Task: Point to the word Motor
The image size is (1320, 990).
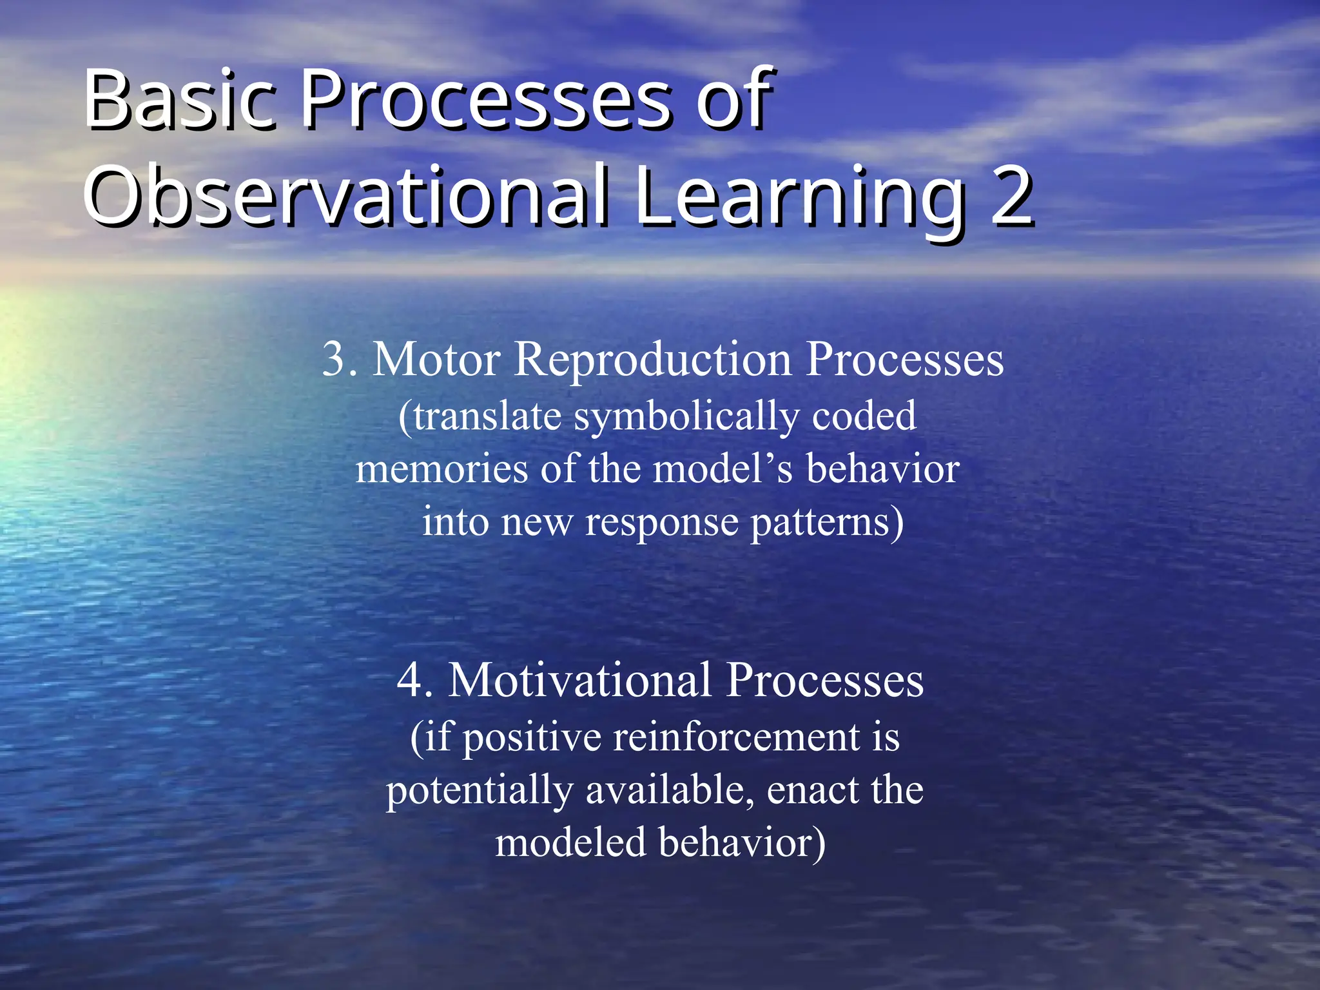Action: [436, 360]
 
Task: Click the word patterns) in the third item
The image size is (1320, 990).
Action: [827, 522]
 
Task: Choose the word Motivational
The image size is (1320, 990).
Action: [579, 681]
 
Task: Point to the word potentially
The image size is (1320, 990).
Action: [479, 790]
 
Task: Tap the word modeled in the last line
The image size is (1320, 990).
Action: [570, 843]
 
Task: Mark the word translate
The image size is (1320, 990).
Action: [487, 416]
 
